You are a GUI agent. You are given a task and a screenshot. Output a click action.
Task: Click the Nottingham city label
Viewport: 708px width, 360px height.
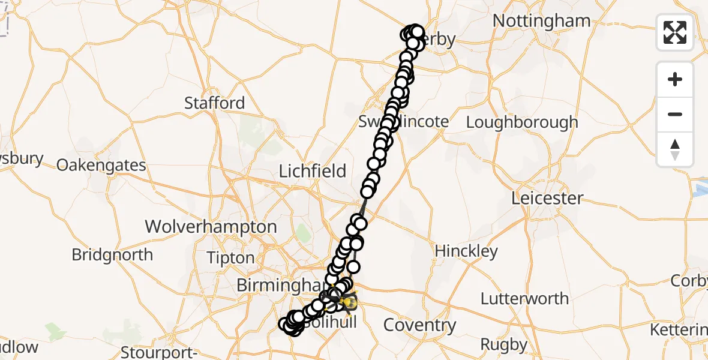tap(541, 21)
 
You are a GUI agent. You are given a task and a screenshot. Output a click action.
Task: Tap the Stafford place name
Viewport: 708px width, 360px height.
tap(214, 103)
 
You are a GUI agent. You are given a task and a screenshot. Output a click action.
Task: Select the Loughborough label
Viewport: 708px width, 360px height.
tap(522, 122)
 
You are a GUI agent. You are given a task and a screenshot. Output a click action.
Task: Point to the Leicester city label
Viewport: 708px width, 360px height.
tap(547, 198)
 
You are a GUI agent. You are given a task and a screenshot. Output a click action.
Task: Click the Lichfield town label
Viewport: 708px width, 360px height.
tap(313, 172)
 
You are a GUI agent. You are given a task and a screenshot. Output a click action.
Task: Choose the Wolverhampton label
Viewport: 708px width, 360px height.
tap(211, 227)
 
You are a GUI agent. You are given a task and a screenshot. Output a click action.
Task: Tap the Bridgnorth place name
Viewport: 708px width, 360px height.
tap(112, 255)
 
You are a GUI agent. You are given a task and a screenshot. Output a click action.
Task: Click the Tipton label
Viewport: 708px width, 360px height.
tap(230, 259)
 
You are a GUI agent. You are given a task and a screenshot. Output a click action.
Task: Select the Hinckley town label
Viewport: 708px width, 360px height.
tap(466, 251)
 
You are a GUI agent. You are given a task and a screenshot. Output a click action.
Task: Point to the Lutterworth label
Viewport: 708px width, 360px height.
tap(524, 299)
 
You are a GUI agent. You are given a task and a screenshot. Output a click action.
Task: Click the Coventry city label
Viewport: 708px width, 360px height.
tap(419, 326)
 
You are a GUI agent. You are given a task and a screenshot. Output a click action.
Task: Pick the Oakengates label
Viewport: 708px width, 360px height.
tap(101, 166)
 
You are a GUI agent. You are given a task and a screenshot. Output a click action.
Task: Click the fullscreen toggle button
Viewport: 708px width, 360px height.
tap(675, 32)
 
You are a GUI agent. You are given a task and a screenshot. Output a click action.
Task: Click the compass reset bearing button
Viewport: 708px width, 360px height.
tap(675, 149)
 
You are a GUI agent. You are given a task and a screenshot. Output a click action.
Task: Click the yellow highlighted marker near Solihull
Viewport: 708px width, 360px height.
tap(348, 302)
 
